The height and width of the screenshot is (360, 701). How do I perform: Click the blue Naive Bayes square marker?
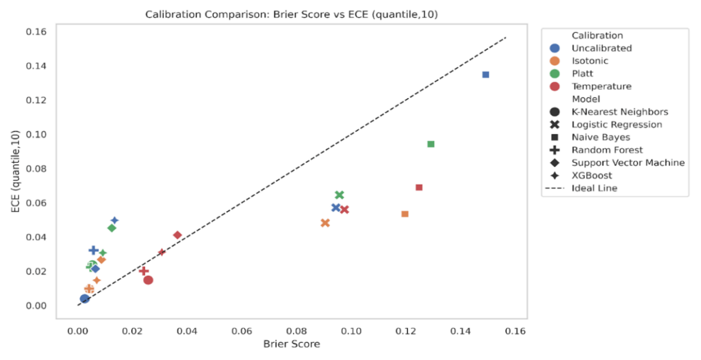click(485, 75)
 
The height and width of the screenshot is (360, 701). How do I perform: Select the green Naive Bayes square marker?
click(431, 144)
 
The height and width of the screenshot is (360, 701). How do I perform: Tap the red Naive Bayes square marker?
click(419, 188)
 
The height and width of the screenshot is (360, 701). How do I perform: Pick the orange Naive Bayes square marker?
click(405, 214)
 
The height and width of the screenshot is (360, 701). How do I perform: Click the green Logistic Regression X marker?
click(339, 195)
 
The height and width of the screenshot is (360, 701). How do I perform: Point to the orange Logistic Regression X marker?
click(325, 223)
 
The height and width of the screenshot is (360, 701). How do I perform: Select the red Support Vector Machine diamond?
click(177, 235)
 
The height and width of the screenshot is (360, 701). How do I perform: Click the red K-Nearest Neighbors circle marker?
click(148, 280)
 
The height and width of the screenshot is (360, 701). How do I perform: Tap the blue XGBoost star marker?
click(114, 220)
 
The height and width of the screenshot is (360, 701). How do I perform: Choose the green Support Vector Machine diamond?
click(112, 228)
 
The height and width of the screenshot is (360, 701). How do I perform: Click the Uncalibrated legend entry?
click(601, 48)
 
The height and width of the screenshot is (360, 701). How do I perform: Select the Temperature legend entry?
click(601, 86)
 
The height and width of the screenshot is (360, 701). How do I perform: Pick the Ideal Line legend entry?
click(594, 188)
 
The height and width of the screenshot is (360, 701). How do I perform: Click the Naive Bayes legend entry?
click(600, 137)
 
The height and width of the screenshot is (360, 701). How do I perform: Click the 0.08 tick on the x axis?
click(296, 331)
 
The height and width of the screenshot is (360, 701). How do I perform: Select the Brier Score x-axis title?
click(292, 344)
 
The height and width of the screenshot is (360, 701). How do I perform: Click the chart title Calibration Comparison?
click(292, 14)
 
